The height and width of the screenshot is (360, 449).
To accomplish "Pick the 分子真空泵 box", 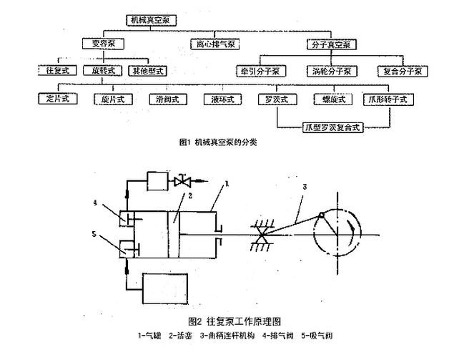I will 331,44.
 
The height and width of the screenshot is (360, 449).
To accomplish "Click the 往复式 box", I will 54,72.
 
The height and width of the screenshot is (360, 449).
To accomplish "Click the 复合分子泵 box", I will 403,72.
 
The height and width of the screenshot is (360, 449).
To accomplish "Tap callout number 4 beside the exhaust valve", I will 97,203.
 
